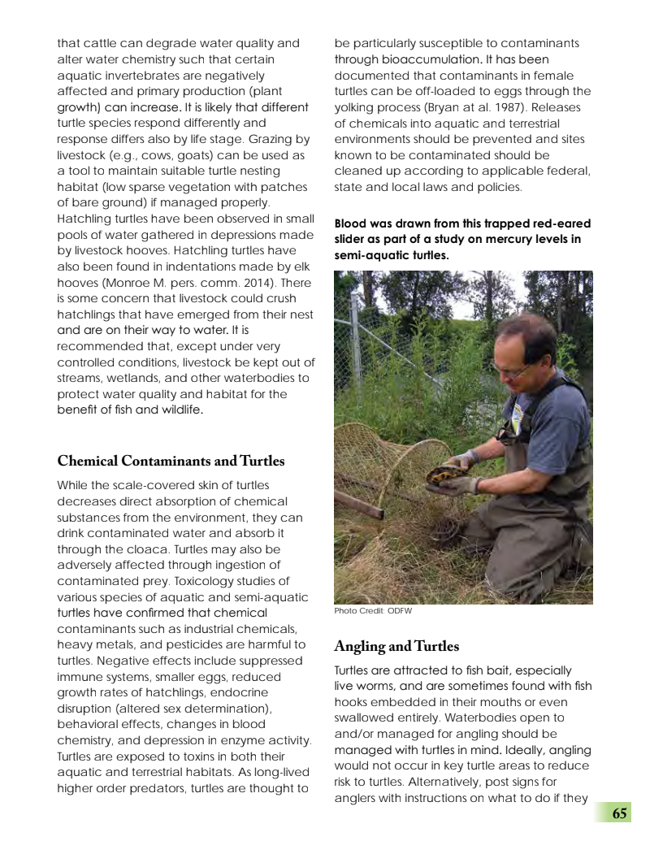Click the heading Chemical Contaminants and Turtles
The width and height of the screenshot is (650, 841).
[x=171, y=462]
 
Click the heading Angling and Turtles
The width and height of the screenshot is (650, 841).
[x=396, y=647]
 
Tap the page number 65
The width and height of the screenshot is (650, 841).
[x=619, y=813]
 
